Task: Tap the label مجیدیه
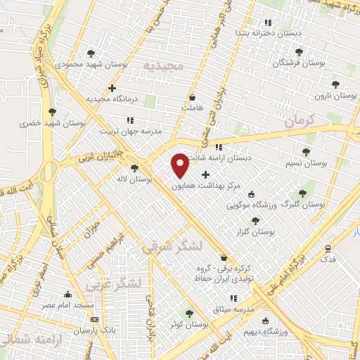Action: pos(163,66)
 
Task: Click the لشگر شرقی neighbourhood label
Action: pos(172,245)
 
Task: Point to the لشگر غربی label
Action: pos(114,283)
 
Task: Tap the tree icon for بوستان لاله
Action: pos(134,168)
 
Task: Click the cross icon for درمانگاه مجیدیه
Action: pos(112,88)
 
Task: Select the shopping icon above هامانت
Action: pos(192,98)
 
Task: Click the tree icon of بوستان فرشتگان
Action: pos(299,52)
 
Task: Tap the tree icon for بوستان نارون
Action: pos(335,84)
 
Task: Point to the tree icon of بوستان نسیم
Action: pos(306,151)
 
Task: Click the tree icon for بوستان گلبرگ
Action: pos(303,193)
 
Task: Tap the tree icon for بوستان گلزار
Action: pos(255,220)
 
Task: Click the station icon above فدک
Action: pos(328,248)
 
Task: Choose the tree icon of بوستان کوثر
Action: pos(188,313)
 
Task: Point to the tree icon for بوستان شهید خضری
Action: pos(52,112)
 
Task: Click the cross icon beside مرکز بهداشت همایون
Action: pos(205,174)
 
